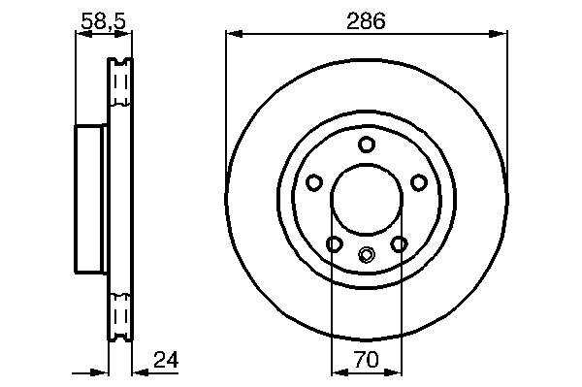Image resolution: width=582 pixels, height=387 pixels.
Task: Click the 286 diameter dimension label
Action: pos(366,21)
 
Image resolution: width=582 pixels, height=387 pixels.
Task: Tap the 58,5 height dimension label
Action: pos(104,21)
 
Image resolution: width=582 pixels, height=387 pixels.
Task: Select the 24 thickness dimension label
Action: pos(166,359)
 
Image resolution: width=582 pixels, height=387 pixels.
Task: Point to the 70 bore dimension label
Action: pos(367,360)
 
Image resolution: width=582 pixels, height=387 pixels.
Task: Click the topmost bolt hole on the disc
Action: pos(367,145)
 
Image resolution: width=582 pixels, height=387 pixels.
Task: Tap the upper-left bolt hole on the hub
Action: pos(314,182)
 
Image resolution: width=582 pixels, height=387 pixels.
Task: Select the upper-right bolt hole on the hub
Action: pos(419,182)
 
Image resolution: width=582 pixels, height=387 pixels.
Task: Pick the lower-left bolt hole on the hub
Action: pos(334,244)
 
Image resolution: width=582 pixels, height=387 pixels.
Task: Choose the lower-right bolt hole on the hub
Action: pos(400,244)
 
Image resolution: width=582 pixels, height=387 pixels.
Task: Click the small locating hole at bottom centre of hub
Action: pos(367,254)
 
